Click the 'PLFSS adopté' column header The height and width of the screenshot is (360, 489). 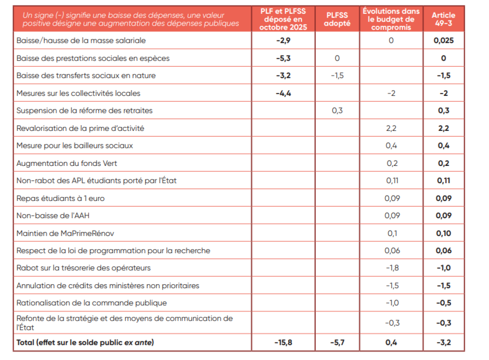[x=338, y=19]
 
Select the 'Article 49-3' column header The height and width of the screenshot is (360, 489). [x=443, y=19]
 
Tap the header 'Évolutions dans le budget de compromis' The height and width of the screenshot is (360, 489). [x=391, y=19]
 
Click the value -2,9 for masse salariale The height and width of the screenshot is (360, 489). [x=283, y=41]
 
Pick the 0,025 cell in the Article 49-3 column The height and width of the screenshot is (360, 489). [x=443, y=41]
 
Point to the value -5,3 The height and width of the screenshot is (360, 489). [x=283, y=58]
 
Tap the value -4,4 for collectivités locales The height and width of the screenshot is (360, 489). [x=283, y=93]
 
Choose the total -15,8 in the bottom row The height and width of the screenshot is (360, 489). [x=283, y=342]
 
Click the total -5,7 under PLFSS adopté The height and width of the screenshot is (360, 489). [x=337, y=342]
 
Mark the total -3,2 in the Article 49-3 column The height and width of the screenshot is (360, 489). [x=443, y=342]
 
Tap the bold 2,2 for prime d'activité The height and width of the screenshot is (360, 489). [x=443, y=128]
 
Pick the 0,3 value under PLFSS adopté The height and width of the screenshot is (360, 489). [x=337, y=111]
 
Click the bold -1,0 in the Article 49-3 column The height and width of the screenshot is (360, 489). [x=443, y=268]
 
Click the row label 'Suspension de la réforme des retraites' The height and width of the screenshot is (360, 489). [x=84, y=111]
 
